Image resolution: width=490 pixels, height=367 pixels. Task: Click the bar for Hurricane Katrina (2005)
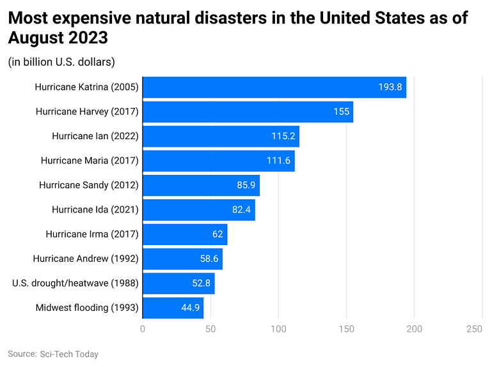[x=274, y=87]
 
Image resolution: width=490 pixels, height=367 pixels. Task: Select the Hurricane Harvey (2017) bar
[x=248, y=112]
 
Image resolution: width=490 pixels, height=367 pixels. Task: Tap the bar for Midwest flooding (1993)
[x=173, y=308]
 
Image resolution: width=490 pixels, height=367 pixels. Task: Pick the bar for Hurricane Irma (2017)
[x=185, y=234]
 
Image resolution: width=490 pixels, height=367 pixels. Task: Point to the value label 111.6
[x=278, y=161]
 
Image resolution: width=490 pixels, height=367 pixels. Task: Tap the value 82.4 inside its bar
[x=241, y=210]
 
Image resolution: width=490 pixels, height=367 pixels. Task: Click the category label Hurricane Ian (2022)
[x=95, y=137]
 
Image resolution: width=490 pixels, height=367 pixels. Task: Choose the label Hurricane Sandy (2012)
[x=88, y=185]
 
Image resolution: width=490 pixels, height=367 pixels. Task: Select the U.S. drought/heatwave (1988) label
[x=75, y=283]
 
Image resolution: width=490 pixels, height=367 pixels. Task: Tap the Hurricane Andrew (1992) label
[x=85, y=259]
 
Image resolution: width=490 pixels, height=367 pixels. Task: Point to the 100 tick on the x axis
[x=278, y=329]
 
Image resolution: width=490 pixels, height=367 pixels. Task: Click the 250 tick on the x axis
[x=474, y=329]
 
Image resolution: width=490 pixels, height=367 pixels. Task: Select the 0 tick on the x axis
[x=143, y=329]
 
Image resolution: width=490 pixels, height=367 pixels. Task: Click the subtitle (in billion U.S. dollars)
[x=61, y=62]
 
